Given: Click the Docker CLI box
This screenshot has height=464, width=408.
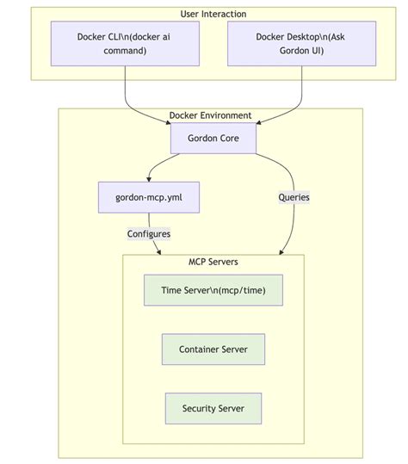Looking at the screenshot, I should (126, 43).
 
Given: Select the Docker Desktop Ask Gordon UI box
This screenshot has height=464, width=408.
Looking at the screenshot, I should (301, 43).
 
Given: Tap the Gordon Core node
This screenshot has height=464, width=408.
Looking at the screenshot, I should (213, 138).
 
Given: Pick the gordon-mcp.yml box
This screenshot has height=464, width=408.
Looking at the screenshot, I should (149, 197).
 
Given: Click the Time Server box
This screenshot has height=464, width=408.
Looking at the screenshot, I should (213, 291).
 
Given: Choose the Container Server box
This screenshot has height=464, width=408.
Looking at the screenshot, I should (213, 350).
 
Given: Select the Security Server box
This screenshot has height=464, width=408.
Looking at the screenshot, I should (213, 408).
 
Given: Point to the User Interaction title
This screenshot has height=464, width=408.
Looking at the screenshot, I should (213, 14).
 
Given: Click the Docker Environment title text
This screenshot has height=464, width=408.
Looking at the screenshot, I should (211, 115).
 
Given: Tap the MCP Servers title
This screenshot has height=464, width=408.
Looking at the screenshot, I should (213, 262).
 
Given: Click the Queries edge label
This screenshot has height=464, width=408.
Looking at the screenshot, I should (294, 197).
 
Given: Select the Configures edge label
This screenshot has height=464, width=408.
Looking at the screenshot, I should (149, 233).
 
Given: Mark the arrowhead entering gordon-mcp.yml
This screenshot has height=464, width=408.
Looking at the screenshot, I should (149, 179).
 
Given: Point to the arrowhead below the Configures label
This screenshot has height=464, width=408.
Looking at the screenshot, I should (160, 251).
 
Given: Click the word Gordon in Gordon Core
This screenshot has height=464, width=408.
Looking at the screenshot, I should (203, 138).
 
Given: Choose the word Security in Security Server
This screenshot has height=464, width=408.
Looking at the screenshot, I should (199, 408).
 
